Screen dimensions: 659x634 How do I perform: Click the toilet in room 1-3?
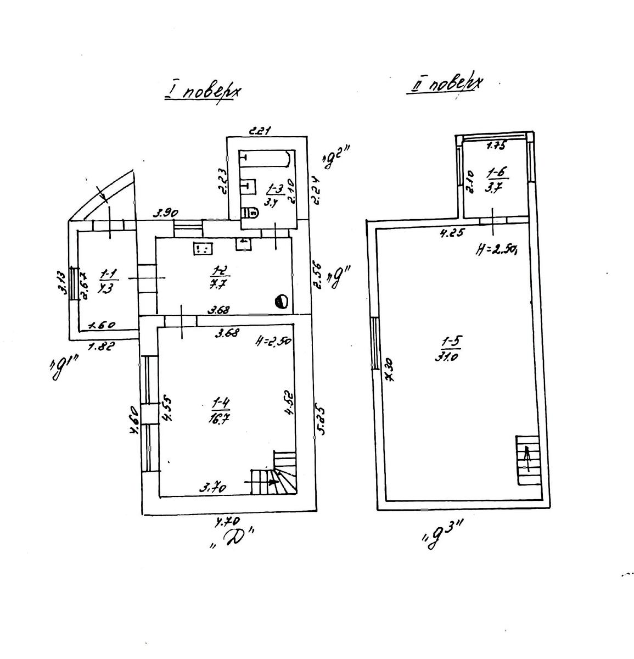click(250, 211)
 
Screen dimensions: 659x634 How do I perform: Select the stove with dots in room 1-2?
click(201, 249)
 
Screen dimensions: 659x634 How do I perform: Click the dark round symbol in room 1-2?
click(281, 300)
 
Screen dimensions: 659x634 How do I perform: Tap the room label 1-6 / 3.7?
click(493, 182)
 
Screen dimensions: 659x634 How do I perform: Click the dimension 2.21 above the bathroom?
click(260, 131)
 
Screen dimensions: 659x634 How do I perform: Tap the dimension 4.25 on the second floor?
click(452, 233)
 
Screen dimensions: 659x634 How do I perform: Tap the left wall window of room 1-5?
click(374, 344)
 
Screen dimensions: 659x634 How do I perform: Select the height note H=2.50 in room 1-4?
click(273, 341)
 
